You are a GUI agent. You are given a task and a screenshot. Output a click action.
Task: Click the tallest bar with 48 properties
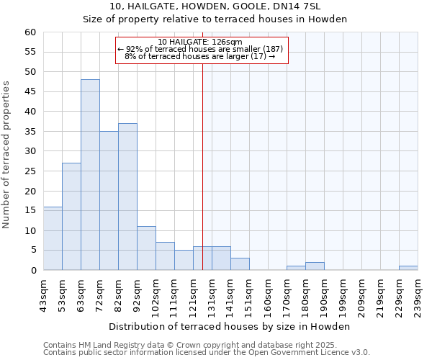coord(90,175)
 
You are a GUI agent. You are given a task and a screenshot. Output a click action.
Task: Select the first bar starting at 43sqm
coord(53,238)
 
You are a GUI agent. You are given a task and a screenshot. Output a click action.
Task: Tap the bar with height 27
coord(71,217)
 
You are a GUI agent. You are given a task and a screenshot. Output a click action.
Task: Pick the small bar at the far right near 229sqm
coord(408,268)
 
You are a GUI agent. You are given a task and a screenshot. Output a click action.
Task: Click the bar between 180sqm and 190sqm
coord(315,266)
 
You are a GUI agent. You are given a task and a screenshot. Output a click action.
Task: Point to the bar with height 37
coord(127,197)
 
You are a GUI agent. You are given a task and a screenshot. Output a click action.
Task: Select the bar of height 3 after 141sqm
coord(240,264)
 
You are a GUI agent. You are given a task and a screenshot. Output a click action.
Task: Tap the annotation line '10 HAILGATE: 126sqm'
coord(201,42)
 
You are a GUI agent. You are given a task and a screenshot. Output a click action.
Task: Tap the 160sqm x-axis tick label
coord(269,295)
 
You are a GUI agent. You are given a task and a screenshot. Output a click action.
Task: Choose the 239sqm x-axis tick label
coord(418,295)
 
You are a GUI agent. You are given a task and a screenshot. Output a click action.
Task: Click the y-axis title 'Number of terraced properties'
coord(7,155)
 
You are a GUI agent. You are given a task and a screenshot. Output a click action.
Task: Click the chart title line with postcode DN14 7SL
coord(215,6)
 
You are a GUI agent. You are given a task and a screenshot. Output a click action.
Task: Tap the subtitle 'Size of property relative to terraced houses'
coord(215,19)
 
